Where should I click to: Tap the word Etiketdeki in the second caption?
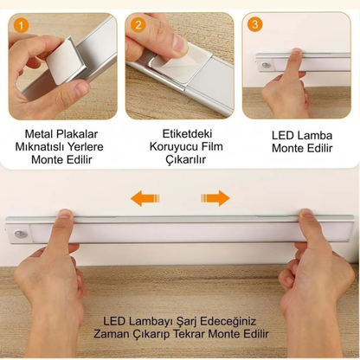pyautogui.click(x=177, y=134)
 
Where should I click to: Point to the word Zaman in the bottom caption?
pyautogui.click(x=126, y=333)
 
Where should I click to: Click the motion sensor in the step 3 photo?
pyautogui.click(x=264, y=64)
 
